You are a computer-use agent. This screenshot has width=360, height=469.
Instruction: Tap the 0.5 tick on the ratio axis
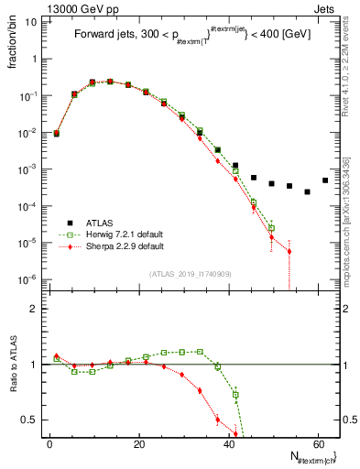coord(31,420)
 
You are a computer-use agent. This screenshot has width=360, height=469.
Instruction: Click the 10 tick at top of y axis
coord(31,22)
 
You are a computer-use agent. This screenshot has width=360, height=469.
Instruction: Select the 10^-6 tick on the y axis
coord(28,279)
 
